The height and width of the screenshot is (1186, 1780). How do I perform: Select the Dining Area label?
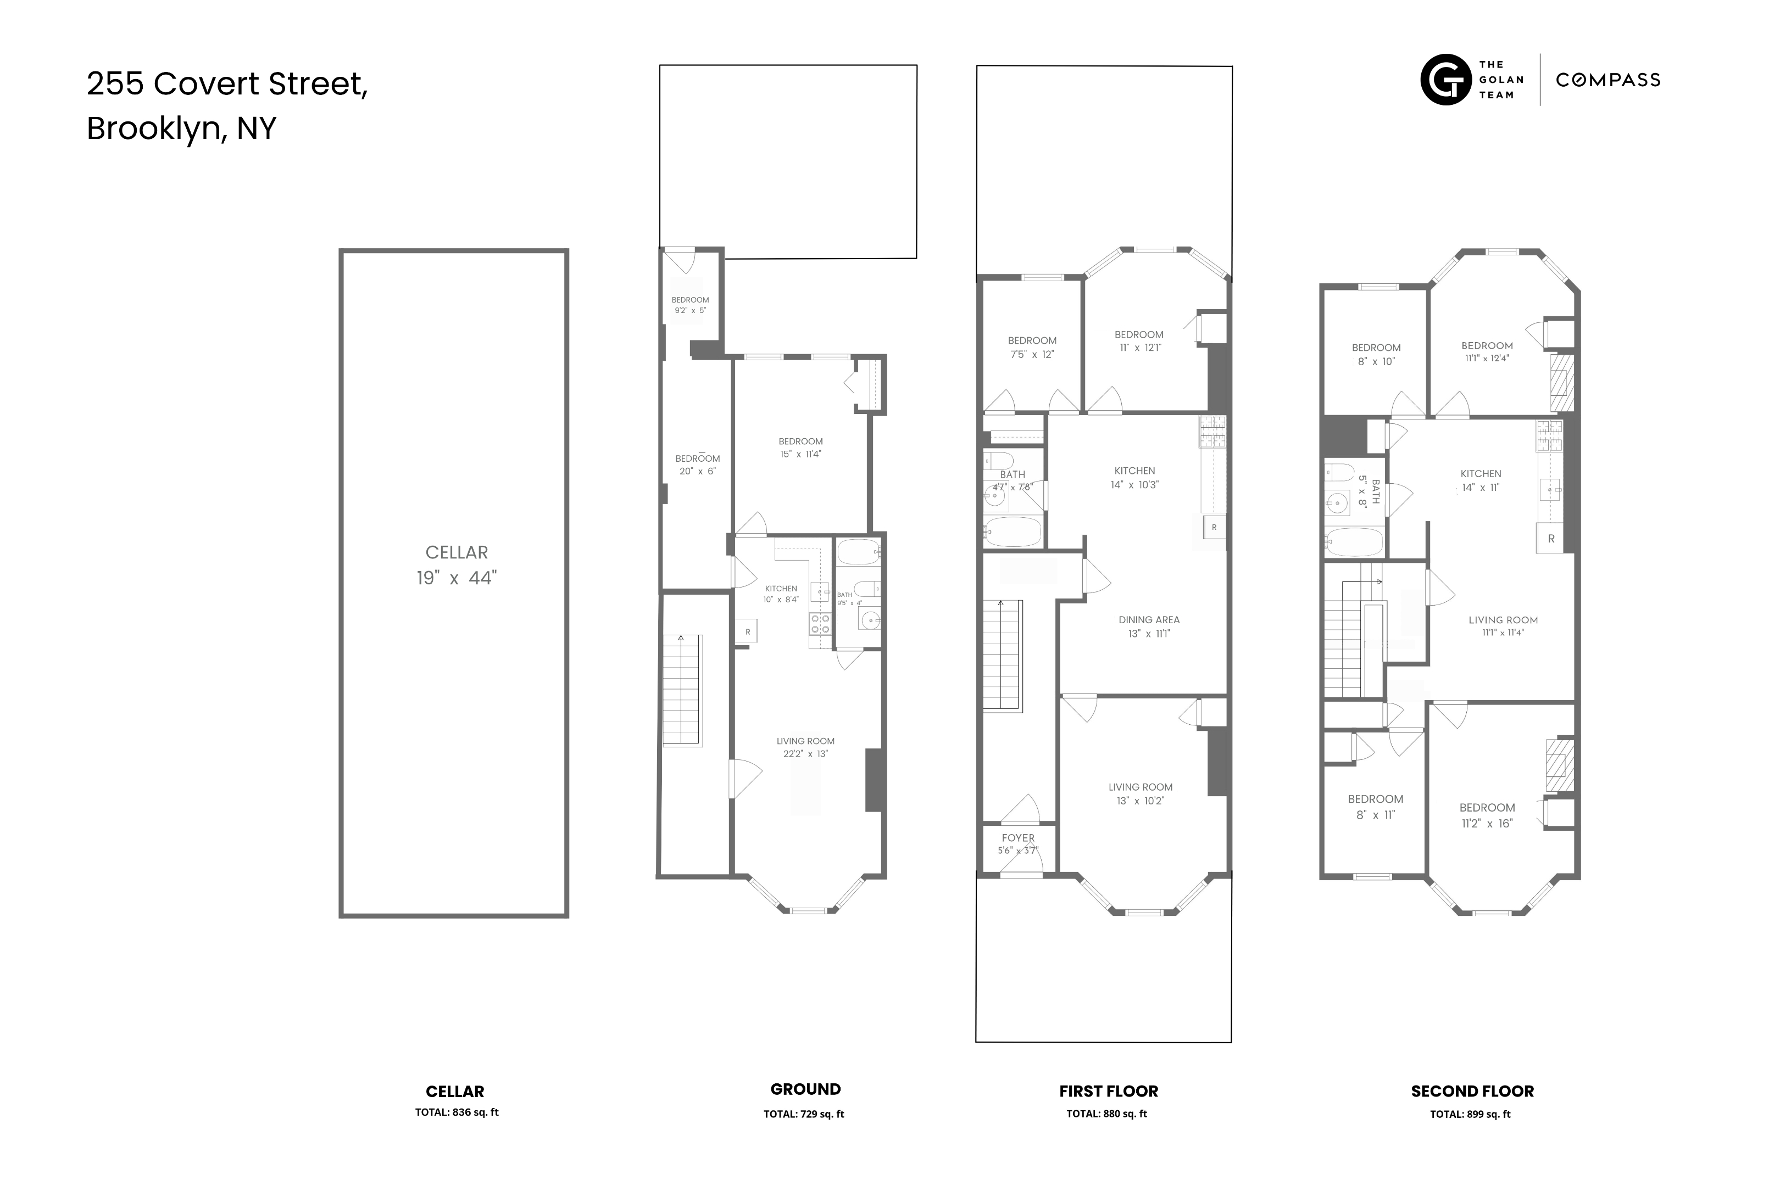point(1149,626)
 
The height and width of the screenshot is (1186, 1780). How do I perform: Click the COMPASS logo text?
point(1607,80)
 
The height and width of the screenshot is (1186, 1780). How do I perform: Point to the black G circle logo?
point(1445,80)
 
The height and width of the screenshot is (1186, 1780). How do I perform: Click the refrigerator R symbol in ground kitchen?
point(747,631)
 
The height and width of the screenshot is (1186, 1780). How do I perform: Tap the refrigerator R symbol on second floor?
point(1551,539)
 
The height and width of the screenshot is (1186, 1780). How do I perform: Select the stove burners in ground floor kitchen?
point(820,623)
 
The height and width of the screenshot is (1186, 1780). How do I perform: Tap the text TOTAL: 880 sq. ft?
point(1106,1114)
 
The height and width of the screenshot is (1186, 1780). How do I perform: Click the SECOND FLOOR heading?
point(1472,1092)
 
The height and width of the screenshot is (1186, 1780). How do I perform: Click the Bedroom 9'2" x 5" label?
point(690,305)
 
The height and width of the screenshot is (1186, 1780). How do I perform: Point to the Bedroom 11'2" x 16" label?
point(1487,815)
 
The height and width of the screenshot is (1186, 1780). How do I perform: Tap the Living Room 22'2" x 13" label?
point(805,747)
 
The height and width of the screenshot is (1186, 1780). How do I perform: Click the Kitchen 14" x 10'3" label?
point(1134,477)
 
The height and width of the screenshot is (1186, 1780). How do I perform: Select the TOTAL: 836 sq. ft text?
point(457,1112)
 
